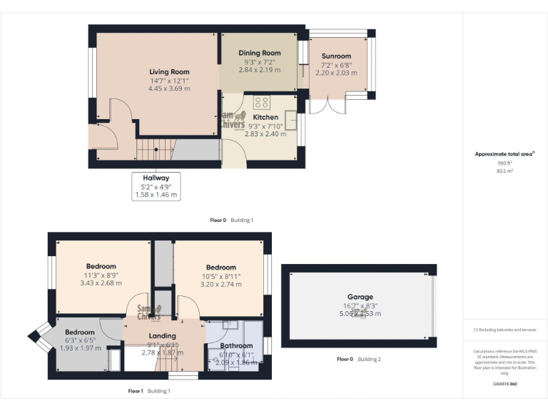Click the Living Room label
pos(169,71)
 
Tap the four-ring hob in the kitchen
pos(260,102)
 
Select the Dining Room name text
pos(259,53)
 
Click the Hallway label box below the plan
pos(156,186)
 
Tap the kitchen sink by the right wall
pos(292,120)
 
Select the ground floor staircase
pos(155,150)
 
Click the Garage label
pos(360,297)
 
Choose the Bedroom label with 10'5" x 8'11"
pos(220,268)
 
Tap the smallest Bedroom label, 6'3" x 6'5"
pos(79,332)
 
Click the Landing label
pos(162,336)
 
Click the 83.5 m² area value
pos(505,171)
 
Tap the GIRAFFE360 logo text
pos(505,385)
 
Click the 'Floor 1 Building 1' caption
pos(149,391)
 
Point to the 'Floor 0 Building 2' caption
pos(358,359)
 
